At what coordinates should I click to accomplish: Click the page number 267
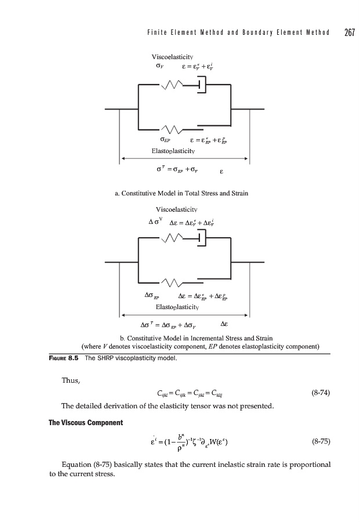(x=348, y=32)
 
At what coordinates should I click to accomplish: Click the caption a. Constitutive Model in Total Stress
(x=180, y=193)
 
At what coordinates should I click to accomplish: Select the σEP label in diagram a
(x=165, y=140)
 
